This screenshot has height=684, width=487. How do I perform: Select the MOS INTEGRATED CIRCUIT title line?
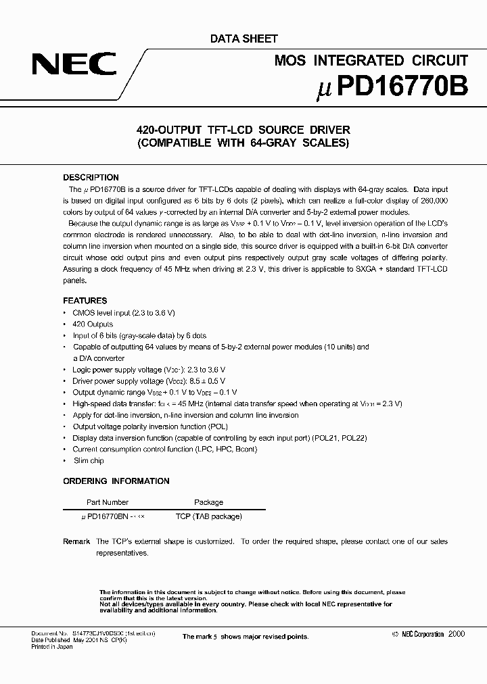tap(371, 61)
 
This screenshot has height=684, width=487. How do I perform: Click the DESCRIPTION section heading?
tap(91, 178)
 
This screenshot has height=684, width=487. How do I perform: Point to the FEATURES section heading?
tap(85, 301)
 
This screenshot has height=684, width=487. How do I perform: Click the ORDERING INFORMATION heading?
tap(116, 481)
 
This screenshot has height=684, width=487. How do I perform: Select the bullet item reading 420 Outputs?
tap(93, 324)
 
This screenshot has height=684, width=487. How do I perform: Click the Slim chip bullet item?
tap(89, 460)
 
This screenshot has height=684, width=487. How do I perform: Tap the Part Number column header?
tap(108, 502)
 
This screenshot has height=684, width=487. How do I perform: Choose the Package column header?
tap(208, 502)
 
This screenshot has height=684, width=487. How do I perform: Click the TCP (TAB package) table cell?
tap(208, 516)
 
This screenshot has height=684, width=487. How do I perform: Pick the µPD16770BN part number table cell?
tap(108, 516)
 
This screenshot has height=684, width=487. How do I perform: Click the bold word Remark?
tap(76, 541)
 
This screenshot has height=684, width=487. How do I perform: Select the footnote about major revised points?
tap(245, 637)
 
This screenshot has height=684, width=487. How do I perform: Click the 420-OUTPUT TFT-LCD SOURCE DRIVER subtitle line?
tap(243, 130)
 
